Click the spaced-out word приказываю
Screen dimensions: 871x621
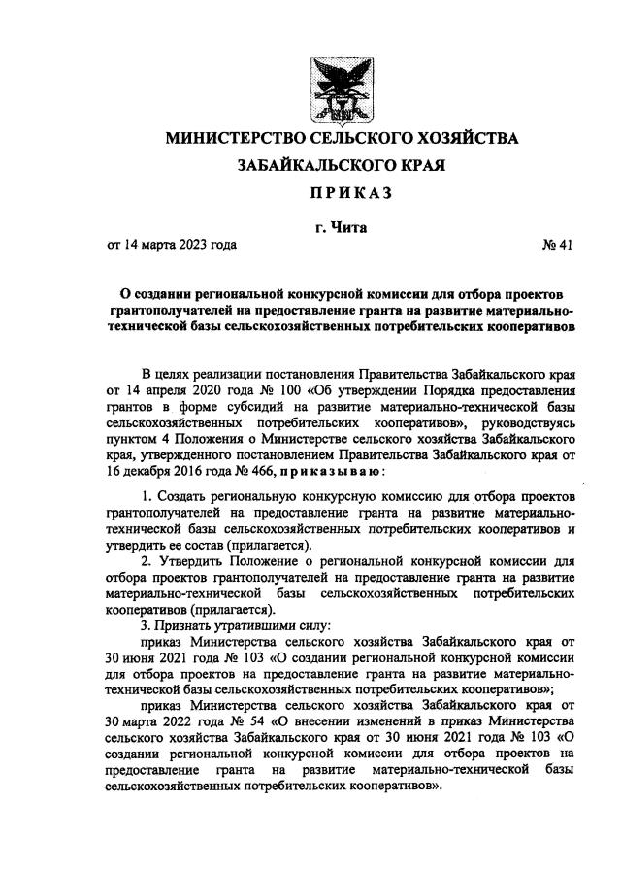333,472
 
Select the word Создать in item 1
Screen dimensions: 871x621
185,497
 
